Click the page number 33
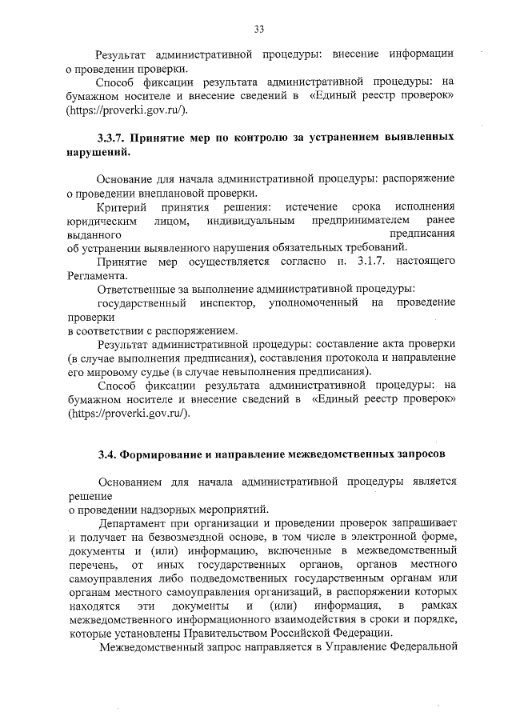pos(258,30)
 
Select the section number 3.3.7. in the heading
pos(112,138)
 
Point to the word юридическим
pos(101,221)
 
